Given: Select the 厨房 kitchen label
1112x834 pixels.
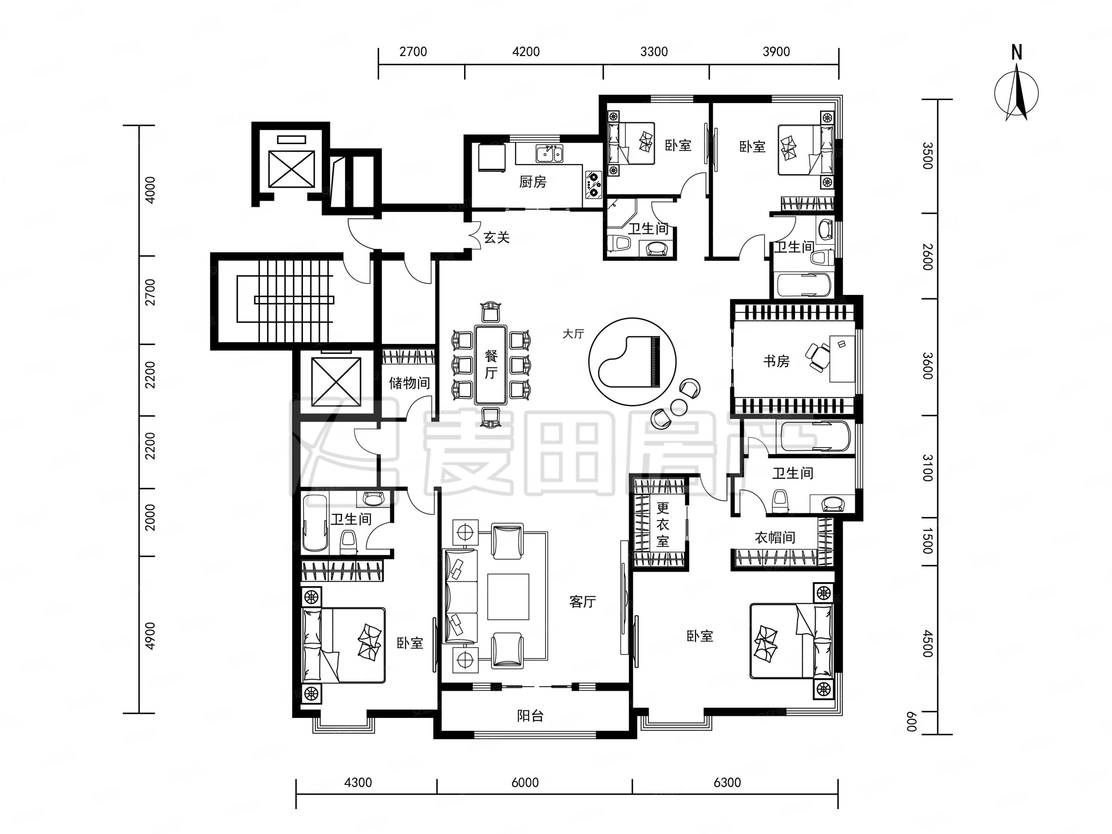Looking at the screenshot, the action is click(x=532, y=182).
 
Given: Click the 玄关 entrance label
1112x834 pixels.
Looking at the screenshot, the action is click(x=496, y=237).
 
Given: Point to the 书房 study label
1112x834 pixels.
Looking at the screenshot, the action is click(x=776, y=361).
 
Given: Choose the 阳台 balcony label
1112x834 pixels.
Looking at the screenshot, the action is click(x=530, y=715).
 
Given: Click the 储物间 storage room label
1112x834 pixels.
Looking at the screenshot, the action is click(x=409, y=383).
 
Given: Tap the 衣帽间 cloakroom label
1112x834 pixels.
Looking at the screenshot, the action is click(x=775, y=538).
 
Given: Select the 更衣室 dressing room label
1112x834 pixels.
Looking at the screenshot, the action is click(x=663, y=524).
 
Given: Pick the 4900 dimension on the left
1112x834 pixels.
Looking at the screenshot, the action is click(x=150, y=635).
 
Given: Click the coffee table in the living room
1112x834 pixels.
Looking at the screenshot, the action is click(x=508, y=597).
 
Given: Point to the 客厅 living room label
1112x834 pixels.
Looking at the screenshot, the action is click(x=583, y=601).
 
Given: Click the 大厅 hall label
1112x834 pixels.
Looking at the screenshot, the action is click(x=573, y=334).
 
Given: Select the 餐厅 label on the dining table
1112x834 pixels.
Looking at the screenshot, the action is click(x=491, y=364).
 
